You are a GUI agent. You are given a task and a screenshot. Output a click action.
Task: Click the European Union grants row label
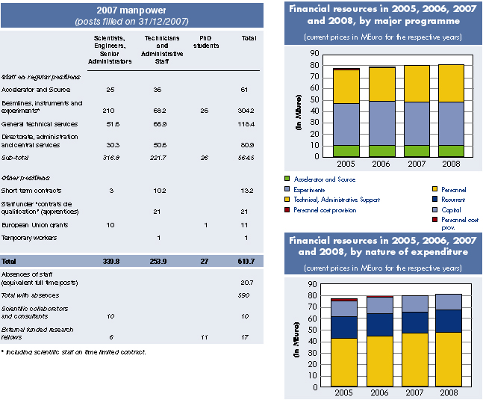point(37,224)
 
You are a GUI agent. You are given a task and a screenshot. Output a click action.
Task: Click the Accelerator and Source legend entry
point(325,179)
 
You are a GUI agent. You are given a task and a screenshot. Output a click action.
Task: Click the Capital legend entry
point(451,210)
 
